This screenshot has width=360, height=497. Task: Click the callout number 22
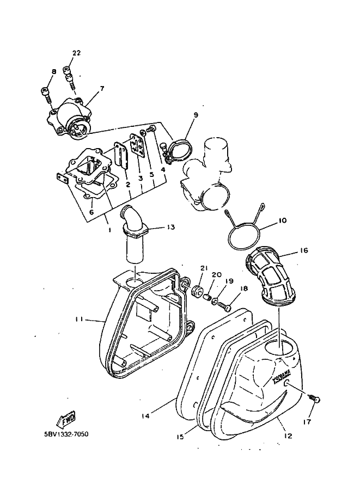[76, 53]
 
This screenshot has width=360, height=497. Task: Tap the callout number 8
[54, 72]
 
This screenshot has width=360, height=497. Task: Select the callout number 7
[101, 88]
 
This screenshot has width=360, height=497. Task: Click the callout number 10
[282, 220]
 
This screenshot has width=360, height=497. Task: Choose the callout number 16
[304, 251]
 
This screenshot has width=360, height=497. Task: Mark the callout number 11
[80, 320]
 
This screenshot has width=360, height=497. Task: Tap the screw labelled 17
[315, 400]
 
